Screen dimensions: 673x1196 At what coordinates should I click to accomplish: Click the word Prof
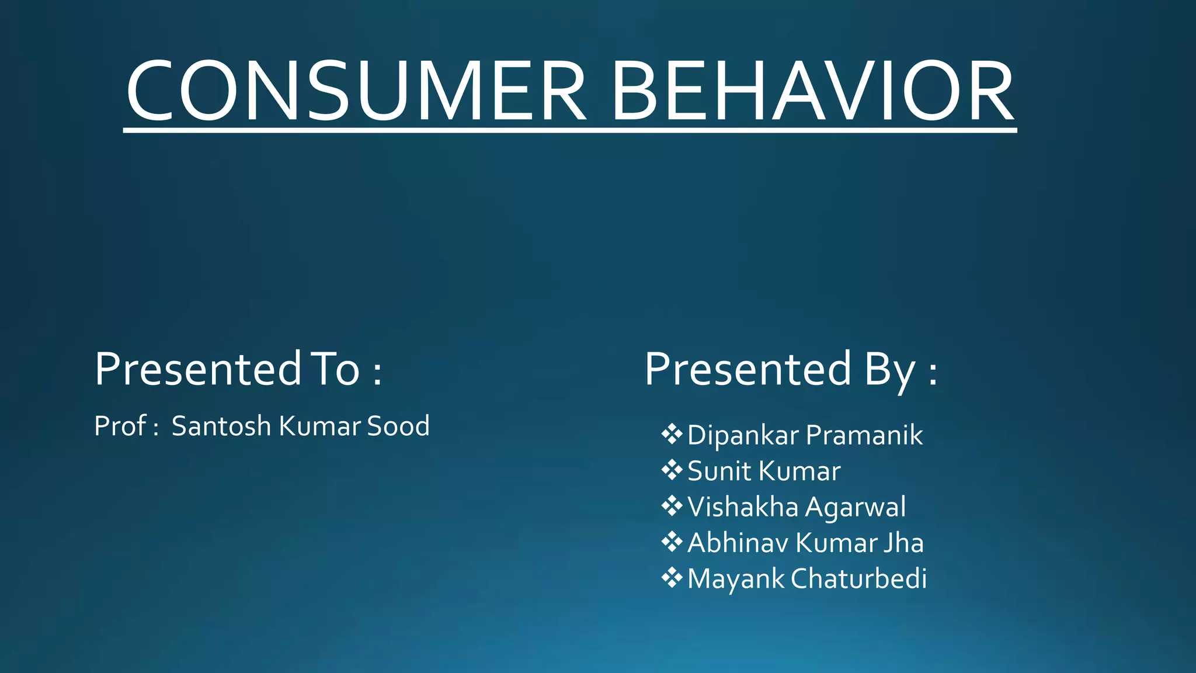click(120, 426)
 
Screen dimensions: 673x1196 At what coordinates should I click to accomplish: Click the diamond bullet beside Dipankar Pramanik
click(672, 434)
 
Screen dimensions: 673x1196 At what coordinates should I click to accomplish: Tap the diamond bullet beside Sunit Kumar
click(672, 470)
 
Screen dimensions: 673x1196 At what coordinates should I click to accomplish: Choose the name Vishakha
click(742, 507)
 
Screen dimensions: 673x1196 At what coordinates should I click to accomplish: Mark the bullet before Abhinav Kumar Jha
click(672, 542)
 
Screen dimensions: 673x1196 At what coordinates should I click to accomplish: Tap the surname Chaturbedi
click(858, 578)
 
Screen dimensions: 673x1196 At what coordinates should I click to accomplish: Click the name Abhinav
click(738, 543)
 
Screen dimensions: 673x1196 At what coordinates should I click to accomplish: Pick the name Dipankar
click(742, 435)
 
